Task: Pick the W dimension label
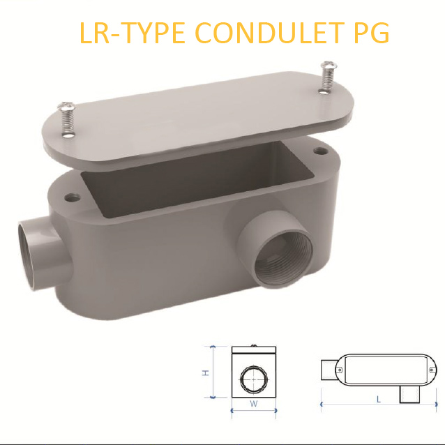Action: click(x=254, y=404)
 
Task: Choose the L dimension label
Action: click(x=378, y=400)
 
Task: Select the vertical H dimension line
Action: click(x=212, y=372)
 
